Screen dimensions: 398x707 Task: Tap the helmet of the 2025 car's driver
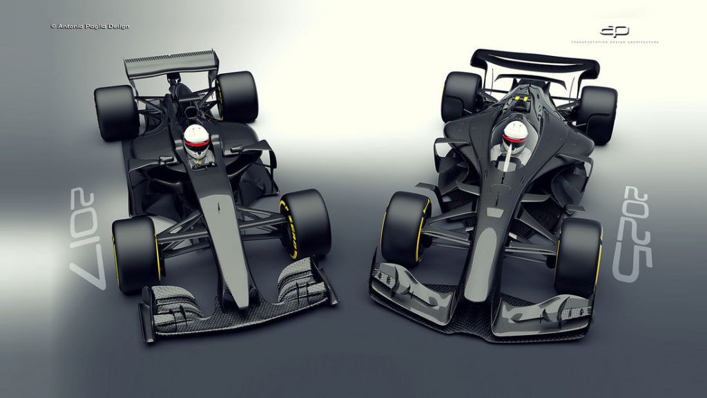click(x=515, y=133)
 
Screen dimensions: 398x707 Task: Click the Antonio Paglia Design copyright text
click(x=90, y=26)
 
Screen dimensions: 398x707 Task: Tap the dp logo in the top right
click(x=614, y=31)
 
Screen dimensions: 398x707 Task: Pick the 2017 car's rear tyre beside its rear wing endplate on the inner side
click(x=236, y=96)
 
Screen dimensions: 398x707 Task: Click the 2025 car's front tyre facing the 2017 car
click(x=405, y=229)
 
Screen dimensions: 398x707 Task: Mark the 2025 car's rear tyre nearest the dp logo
click(x=597, y=114)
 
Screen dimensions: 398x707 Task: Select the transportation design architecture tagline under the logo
click(x=614, y=42)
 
